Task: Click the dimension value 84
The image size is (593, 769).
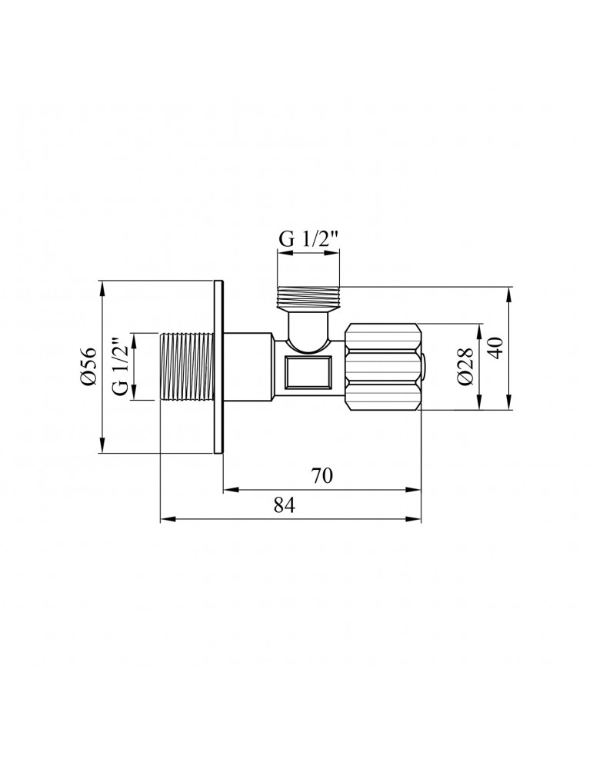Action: pyautogui.click(x=284, y=504)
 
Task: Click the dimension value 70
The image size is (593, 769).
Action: pyautogui.click(x=322, y=476)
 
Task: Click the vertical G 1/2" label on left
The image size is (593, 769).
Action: pyautogui.click(x=119, y=367)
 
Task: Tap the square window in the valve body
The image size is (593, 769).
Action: pyautogui.click(x=308, y=375)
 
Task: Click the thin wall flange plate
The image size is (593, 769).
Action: pyautogui.click(x=219, y=368)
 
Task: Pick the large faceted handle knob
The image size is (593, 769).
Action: pyautogui.click(x=382, y=367)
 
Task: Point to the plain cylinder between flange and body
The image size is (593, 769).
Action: pyautogui.click(x=248, y=367)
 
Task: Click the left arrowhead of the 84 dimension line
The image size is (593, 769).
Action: pyautogui.click(x=164, y=518)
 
